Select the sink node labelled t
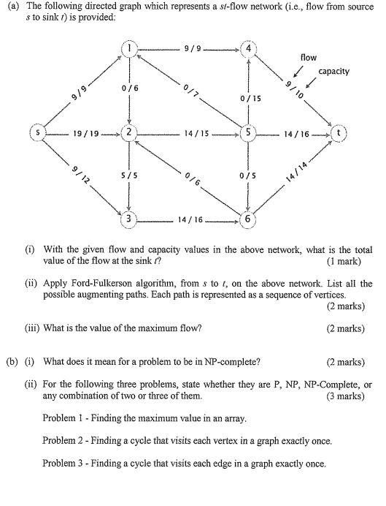(x=339, y=134)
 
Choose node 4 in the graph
(x=249, y=50)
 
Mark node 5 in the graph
(x=249, y=134)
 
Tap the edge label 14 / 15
(x=194, y=134)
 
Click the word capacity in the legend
(x=333, y=71)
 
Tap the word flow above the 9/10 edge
(x=308, y=56)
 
